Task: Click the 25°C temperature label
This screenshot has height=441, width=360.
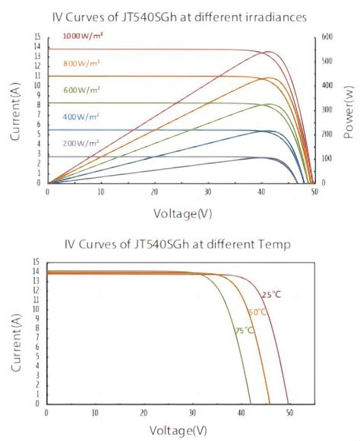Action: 271,295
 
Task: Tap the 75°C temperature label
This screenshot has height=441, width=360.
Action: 244,331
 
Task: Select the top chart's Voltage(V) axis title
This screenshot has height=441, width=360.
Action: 182,214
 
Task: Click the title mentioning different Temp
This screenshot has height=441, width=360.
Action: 181,244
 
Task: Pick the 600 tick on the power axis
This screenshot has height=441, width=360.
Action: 326,36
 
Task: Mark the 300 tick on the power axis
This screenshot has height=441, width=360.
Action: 326,109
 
